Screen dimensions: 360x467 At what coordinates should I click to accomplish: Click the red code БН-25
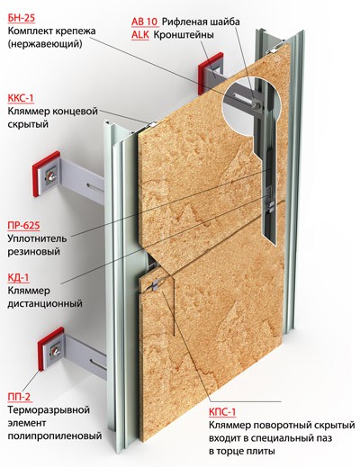(22, 18)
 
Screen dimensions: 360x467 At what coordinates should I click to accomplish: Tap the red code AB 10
(144, 22)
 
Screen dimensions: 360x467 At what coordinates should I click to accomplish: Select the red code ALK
(140, 35)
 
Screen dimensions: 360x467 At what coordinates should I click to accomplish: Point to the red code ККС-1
(21, 98)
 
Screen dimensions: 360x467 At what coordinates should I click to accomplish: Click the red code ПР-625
(23, 225)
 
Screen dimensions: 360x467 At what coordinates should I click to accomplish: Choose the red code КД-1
(19, 277)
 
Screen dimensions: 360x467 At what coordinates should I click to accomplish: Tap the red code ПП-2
(19, 397)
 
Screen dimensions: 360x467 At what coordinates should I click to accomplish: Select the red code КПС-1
(222, 412)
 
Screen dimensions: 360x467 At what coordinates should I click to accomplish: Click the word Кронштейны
(184, 35)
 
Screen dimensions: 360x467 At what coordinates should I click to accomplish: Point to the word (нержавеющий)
(45, 44)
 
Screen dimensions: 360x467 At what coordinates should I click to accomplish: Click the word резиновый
(34, 251)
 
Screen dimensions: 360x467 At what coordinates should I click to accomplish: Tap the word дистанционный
(45, 303)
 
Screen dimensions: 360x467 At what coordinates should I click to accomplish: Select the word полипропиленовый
(55, 436)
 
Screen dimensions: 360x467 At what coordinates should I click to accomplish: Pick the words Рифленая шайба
(201, 22)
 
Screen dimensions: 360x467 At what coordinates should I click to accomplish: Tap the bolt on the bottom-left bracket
(55, 351)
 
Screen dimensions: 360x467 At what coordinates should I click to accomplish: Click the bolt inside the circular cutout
(256, 104)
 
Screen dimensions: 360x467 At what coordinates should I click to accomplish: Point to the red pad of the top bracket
(210, 74)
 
